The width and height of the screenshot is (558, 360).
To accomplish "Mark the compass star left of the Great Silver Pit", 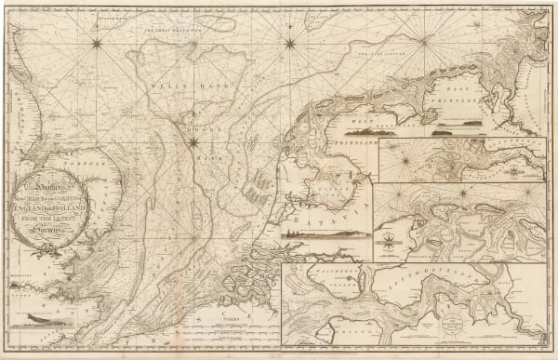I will [x=97, y=40].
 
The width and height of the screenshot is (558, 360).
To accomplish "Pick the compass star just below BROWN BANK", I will [x=193, y=142].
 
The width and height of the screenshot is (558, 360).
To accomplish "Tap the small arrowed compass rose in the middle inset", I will [x=387, y=245].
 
